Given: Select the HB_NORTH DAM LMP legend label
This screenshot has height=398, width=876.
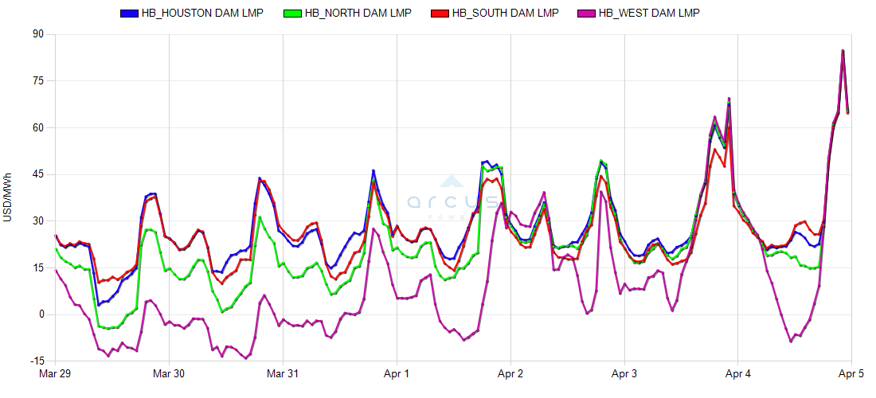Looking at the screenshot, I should [358, 13].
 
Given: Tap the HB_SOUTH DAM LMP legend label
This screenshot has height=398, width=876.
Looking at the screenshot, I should [505, 13].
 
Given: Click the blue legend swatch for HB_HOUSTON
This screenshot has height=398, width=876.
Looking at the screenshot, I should [128, 14].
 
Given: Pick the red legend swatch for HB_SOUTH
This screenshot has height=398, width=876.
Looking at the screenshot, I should [439, 14].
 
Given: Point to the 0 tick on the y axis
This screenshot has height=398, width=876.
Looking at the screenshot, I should [41, 314].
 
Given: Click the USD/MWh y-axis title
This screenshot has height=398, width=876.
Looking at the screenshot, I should [8, 197].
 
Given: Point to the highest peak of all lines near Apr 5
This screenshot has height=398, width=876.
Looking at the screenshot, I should [843, 51].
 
